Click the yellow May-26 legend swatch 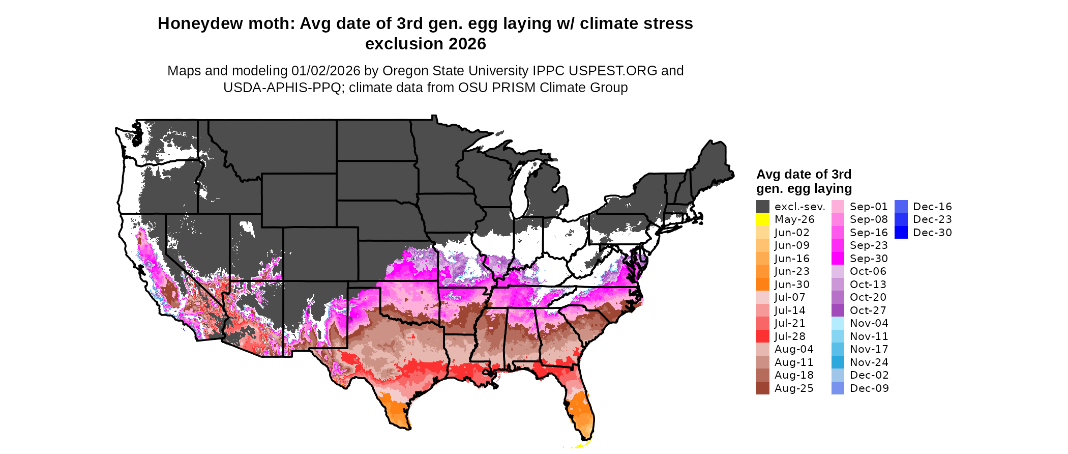[762, 219]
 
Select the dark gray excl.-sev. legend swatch [762, 207]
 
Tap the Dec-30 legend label [932, 233]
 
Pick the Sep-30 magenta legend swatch [838, 259]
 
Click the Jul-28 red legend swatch [762, 336]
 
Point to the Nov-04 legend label [869, 323]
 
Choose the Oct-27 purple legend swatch [838, 310]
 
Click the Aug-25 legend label [793, 388]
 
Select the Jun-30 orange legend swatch [762, 285]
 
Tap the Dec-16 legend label [932, 207]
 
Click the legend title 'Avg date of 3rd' [804, 175]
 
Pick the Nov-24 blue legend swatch [838, 362]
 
